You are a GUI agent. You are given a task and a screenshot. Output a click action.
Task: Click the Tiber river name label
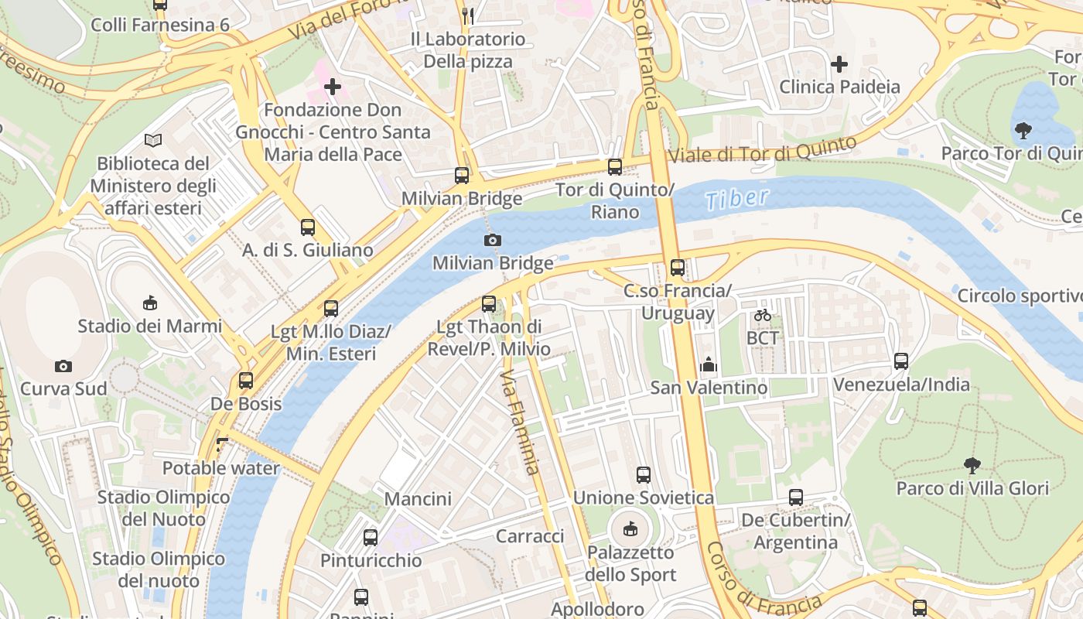click(x=737, y=198)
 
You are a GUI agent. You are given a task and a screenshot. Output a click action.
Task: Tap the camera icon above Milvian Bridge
click(x=492, y=241)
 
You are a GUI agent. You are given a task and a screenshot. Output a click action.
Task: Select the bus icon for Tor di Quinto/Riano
click(x=615, y=166)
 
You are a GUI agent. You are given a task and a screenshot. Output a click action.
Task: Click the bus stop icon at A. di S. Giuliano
click(x=308, y=227)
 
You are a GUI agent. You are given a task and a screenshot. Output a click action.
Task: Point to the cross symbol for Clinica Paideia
click(x=839, y=63)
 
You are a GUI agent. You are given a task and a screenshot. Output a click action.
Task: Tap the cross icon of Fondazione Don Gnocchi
click(x=333, y=87)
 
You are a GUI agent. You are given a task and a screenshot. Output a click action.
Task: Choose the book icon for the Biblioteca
click(x=153, y=140)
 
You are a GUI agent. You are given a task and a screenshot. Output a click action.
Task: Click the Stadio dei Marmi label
click(x=150, y=326)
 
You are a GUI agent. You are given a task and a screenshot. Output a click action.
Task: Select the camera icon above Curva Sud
click(x=63, y=366)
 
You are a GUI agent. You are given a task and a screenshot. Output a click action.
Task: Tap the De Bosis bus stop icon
click(x=246, y=381)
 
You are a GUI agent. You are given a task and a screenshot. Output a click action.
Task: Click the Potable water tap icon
click(x=222, y=445)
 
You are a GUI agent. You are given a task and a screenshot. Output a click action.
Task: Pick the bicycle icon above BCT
click(x=763, y=315)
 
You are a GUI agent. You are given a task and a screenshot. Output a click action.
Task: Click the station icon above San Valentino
click(x=709, y=364)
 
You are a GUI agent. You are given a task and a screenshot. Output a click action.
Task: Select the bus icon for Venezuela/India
click(x=901, y=361)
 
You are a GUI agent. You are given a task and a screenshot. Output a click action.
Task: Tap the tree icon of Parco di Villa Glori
click(x=972, y=465)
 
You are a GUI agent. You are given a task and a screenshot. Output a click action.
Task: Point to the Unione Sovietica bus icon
click(x=644, y=475)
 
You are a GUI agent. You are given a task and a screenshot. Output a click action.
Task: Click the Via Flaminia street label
click(x=518, y=422)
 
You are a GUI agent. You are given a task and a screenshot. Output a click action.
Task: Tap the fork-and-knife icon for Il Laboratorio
click(x=467, y=15)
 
